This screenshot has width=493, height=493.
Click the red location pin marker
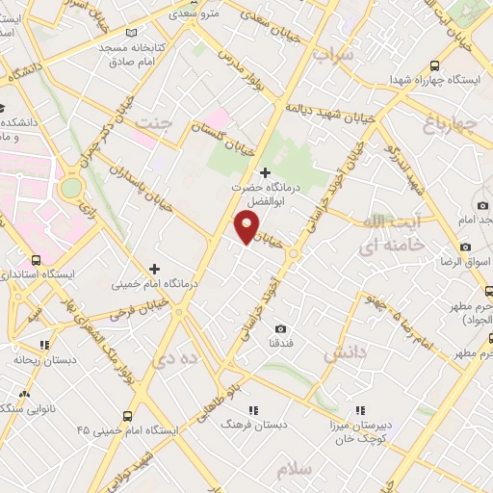(247, 227)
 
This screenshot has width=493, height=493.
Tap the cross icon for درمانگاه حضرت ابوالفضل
(266, 173)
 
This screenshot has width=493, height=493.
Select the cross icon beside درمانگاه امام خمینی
(155, 269)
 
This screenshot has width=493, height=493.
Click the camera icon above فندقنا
(281, 329)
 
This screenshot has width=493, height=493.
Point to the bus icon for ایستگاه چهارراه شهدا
(435, 65)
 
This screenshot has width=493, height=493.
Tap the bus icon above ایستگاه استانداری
(37, 260)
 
